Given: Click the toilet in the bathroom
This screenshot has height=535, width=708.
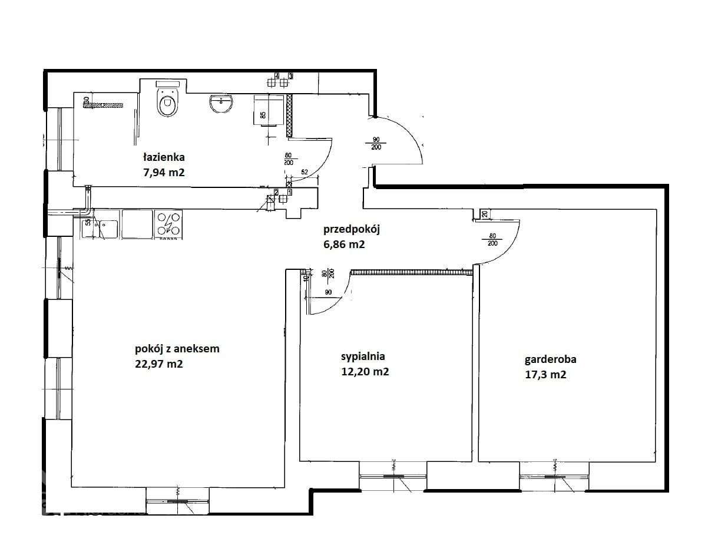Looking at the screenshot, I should click(x=167, y=103).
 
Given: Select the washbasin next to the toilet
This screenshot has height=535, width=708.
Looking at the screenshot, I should click(x=221, y=104).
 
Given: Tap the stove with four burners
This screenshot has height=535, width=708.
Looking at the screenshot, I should click(x=170, y=224).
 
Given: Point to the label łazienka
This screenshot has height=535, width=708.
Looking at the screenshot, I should click(x=164, y=157).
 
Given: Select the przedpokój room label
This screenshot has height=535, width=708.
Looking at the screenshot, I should click(x=351, y=229).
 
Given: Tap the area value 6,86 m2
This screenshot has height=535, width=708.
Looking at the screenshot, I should click(x=343, y=244).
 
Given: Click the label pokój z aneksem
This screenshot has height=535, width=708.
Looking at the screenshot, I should click(x=177, y=349).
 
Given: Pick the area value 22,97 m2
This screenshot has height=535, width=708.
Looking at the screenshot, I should click(x=159, y=364).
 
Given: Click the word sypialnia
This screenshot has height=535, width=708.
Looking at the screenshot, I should click(x=363, y=356).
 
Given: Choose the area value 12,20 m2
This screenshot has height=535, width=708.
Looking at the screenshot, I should click(x=365, y=372).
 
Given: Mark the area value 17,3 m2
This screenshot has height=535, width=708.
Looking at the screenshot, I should click(x=545, y=374).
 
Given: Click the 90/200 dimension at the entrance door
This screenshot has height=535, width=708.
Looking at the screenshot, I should click(x=376, y=143).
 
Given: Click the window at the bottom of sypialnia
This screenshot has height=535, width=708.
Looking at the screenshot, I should click(x=393, y=475).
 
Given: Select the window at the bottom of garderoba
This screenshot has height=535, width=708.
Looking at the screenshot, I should click(x=554, y=475).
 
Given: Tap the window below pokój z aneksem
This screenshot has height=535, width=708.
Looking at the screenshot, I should click(x=177, y=501).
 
